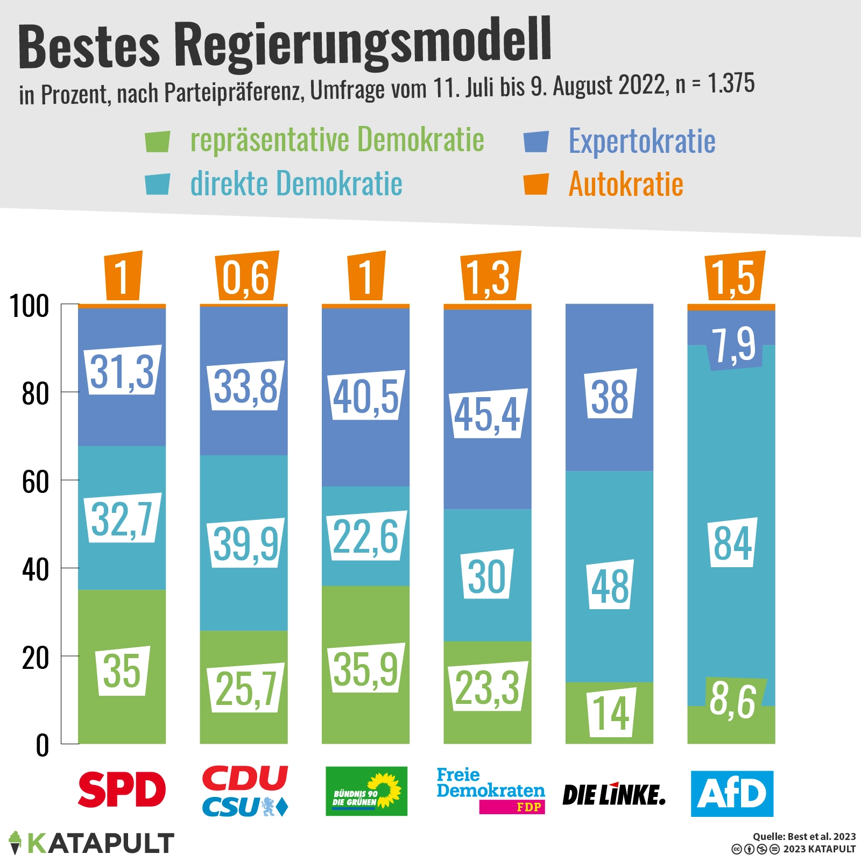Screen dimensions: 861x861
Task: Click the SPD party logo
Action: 122,789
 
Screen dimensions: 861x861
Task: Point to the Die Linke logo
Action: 613,795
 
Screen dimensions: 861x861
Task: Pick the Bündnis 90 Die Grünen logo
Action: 366,791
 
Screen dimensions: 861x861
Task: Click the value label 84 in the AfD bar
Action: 732,543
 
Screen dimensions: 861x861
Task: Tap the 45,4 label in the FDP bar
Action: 488,414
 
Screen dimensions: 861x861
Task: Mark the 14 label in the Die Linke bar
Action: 611,713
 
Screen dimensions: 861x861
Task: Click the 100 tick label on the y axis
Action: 30,306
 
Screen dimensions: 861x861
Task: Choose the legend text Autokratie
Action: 626,185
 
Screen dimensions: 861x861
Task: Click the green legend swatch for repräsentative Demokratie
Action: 157,142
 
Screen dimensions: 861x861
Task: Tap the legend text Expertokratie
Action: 642,142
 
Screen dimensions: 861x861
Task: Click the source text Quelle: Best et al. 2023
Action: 804,836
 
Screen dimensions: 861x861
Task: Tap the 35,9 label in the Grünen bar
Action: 366,668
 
